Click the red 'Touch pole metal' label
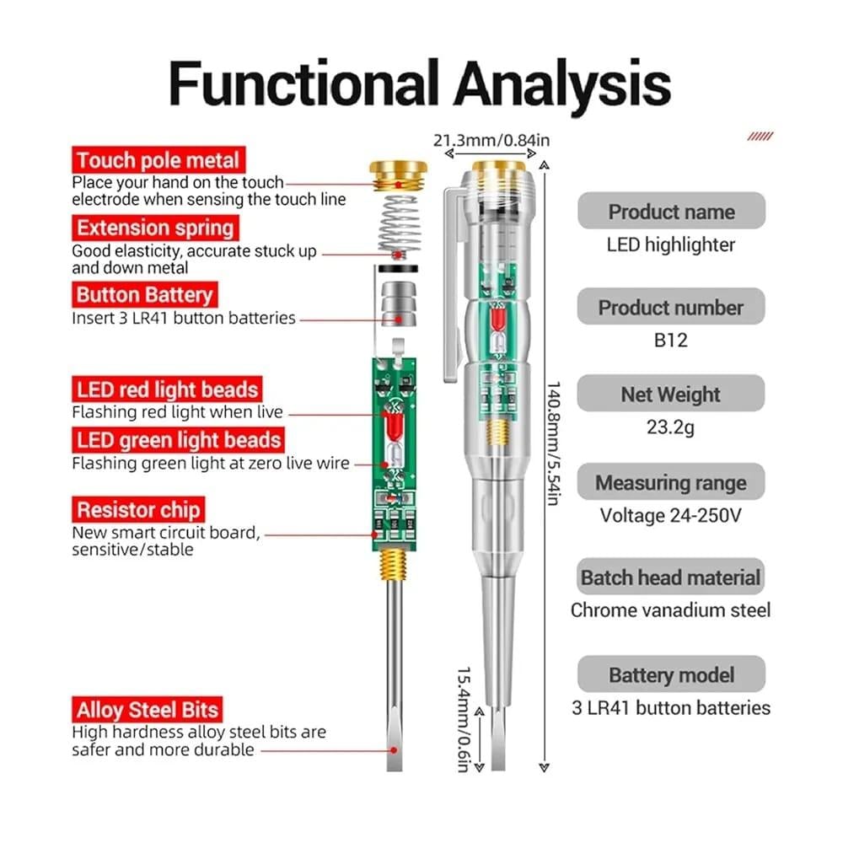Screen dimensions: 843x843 [x=158, y=160]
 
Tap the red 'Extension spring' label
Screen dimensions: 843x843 [x=155, y=228]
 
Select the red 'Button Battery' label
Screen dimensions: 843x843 [x=144, y=295]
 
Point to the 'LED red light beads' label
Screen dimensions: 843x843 [x=166, y=389]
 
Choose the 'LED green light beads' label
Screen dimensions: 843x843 [x=178, y=440]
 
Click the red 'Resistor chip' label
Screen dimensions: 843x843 [x=138, y=510]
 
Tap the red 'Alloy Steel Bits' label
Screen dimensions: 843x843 [x=148, y=709]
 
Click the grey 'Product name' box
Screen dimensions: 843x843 [x=671, y=212]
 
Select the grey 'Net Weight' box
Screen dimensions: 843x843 [x=671, y=394]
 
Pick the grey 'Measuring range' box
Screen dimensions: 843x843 [x=671, y=483]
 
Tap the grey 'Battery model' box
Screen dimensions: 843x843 [x=671, y=674]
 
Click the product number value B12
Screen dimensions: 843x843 [x=671, y=341]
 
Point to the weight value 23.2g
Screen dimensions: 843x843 [x=671, y=428]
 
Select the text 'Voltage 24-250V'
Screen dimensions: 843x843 [x=671, y=515]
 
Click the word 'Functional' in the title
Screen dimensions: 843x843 [x=304, y=83]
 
